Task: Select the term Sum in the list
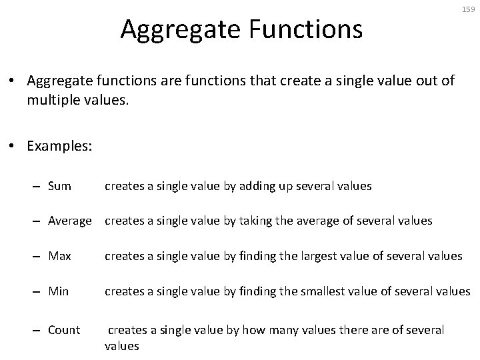(59, 186)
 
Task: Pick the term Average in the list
(70, 221)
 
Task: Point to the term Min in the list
(59, 291)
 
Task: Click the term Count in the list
(64, 330)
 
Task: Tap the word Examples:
(59, 146)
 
